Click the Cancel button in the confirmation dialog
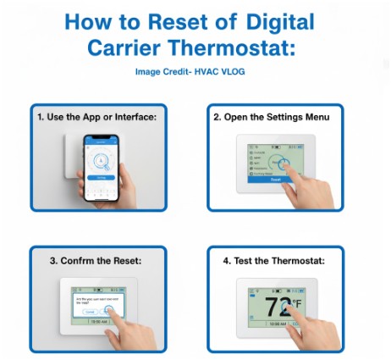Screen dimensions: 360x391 tap(90, 313)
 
